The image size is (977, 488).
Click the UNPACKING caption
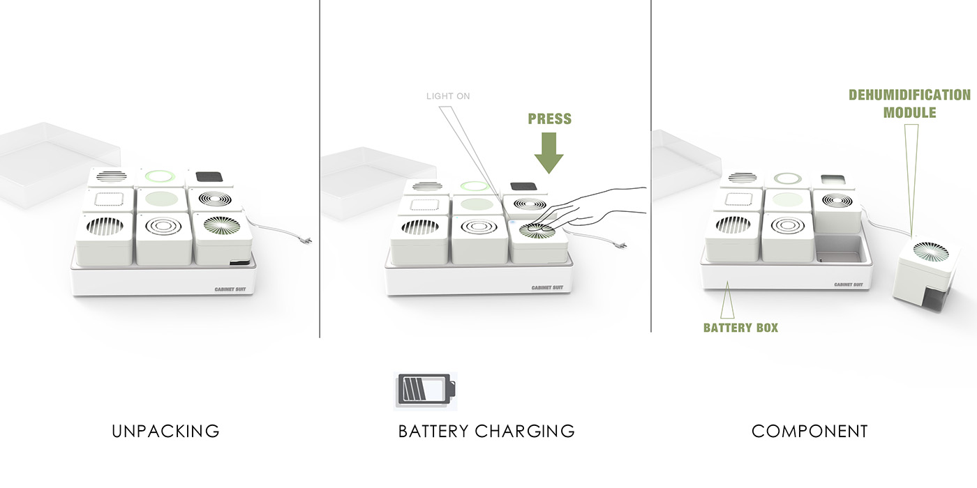(165, 431)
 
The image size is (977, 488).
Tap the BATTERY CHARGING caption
(486, 431)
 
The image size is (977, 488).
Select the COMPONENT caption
(810, 431)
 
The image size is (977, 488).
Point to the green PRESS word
(550, 119)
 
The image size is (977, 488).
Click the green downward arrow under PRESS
(550, 153)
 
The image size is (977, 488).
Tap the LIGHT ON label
(448, 96)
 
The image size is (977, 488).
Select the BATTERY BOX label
(740, 327)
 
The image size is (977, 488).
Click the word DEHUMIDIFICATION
(909, 95)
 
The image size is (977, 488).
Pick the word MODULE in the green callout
(909, 112)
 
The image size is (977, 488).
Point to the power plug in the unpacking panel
(304, 241)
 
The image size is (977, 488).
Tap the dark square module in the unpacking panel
(210, 176)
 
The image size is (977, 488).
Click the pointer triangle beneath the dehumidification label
(911, 174)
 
